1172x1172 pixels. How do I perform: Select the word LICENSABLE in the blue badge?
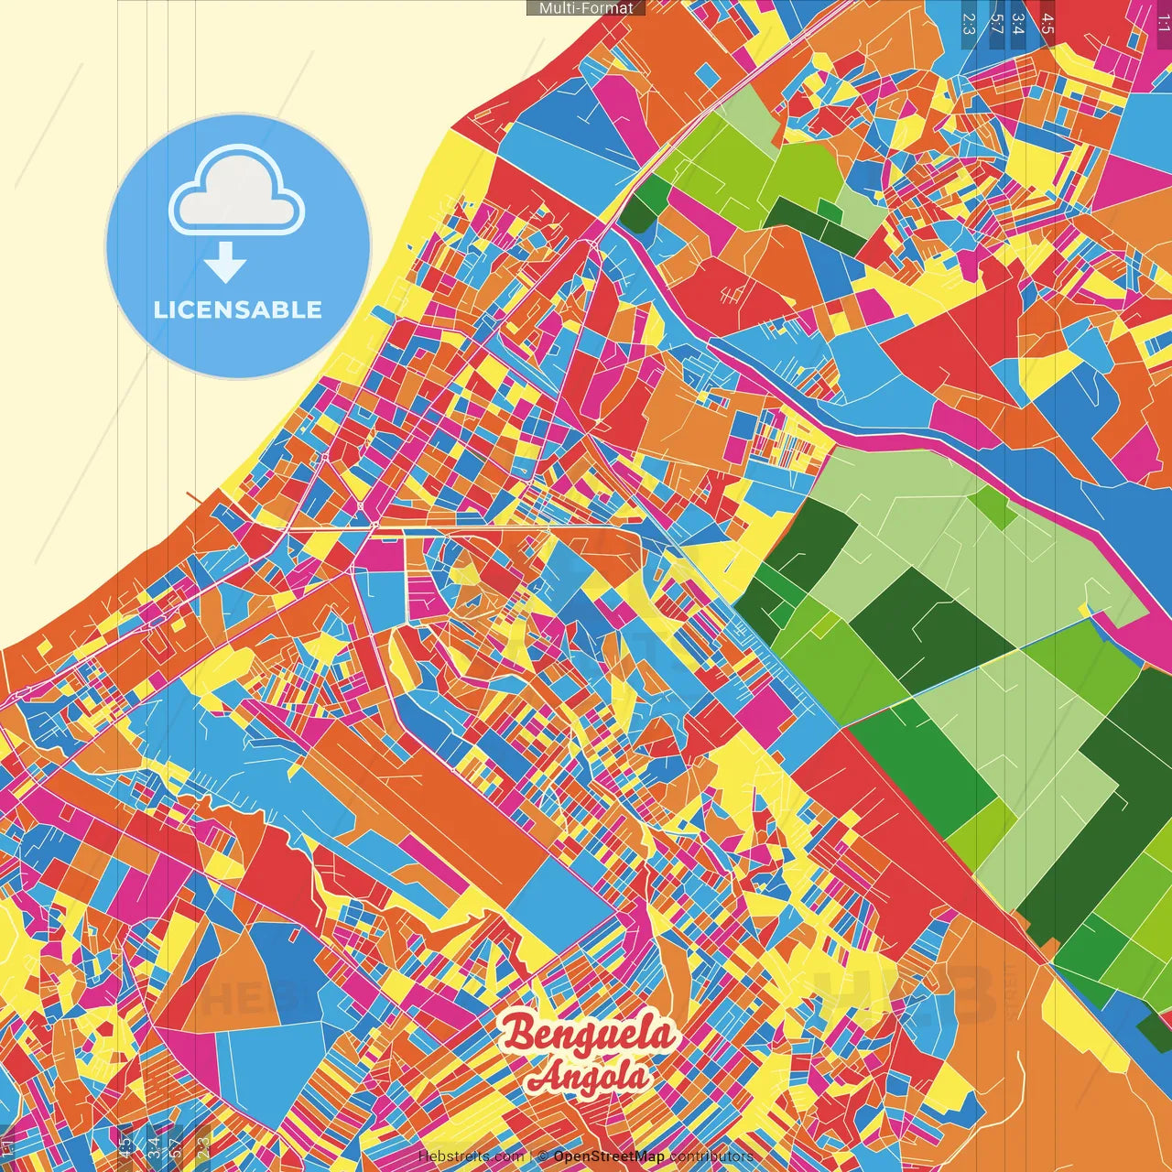[x=238, y=309]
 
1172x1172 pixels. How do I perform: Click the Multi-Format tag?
[x=586, y=8]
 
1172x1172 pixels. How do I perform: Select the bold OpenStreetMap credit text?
[x=609, y=1156]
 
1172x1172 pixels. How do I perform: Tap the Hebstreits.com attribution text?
[x=471, y=1156]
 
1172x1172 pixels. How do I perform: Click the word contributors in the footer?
[x=711, y=1156]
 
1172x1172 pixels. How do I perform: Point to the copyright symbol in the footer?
[x=542, y=1156]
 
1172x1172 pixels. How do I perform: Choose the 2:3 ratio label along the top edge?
[x=969, y=24]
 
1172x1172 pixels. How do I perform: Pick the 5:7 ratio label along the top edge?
[x=996, y=24]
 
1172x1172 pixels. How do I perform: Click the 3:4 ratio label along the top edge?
[x=1018, y=24]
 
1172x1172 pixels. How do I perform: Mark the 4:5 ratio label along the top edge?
[x=1047, y=24]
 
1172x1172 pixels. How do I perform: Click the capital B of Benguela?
[x=519, y=1034]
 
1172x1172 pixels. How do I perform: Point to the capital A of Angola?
[x=545, y=1077]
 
